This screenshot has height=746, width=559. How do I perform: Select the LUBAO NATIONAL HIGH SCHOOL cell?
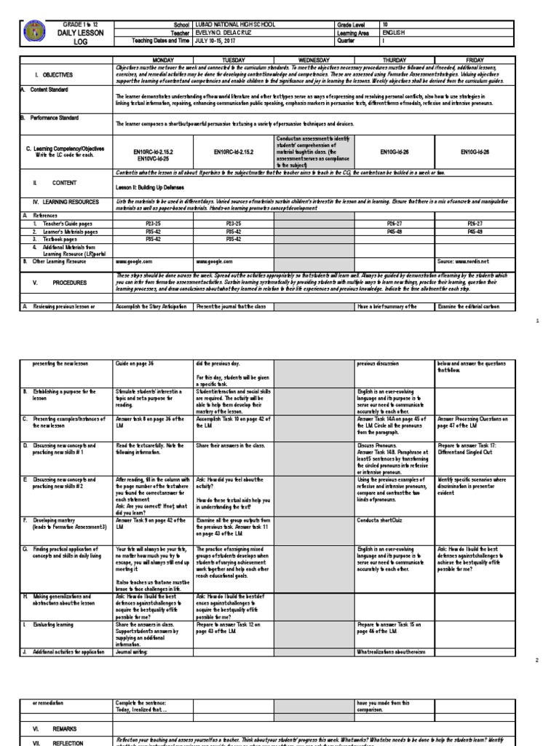point(231,25)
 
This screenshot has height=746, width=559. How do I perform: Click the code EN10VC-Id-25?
point(152,158)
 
